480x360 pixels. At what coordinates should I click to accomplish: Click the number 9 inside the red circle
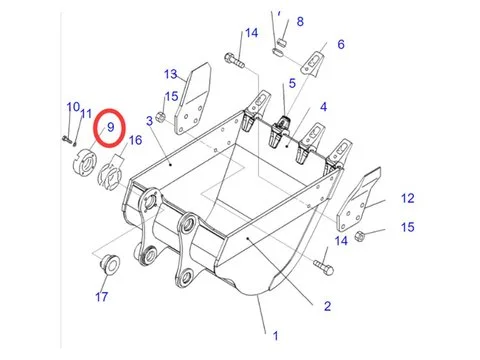coord(108,129)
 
